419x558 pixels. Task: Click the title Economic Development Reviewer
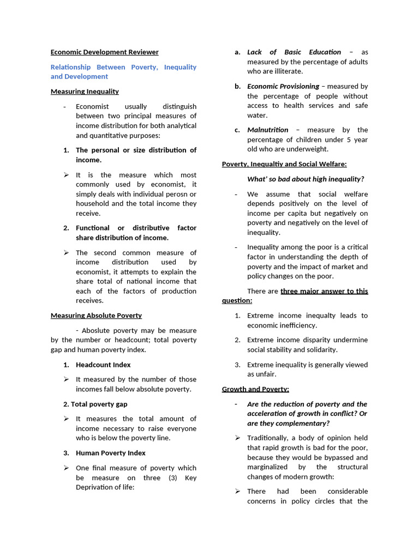104,52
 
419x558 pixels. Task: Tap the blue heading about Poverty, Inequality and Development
123,71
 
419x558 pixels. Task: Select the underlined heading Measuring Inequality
85,92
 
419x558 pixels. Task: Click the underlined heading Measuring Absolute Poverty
96,316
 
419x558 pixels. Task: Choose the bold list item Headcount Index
103,365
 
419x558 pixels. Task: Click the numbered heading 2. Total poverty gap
95,404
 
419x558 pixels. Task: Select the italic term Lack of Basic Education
294,52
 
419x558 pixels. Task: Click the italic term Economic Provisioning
283,86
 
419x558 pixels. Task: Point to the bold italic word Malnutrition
267,130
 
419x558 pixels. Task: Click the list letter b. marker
238,86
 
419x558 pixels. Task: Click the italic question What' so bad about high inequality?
305,179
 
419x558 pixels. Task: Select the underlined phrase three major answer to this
324,291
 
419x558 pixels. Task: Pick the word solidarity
320,350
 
